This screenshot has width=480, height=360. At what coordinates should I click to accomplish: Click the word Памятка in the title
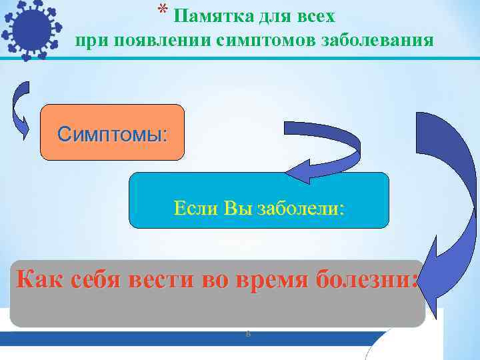(211, 15)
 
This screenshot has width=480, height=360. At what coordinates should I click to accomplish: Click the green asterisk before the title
(162, 10)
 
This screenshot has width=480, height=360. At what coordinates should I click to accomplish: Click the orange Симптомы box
(112, 133)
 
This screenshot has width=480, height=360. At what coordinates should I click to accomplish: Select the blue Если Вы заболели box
(258, 200)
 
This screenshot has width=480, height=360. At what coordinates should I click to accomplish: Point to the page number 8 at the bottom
(248, 333)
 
